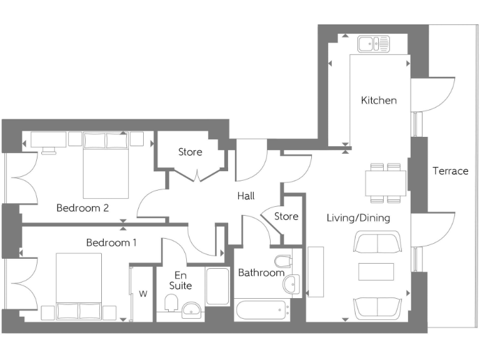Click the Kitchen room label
[379, 100]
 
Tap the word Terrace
[450, 171]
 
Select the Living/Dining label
[359, 218]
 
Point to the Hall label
[246, 196]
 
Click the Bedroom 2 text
[82, 207]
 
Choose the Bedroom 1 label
[111, 242]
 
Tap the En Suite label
[179, 279]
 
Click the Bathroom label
[261, 272]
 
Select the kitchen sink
[373, 44]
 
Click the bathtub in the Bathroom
[261, 310]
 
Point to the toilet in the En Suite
[171, 304]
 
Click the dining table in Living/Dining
[386, 183]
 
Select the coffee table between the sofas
[376, 272]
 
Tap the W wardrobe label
[143, 293]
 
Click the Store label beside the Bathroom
[286, 217]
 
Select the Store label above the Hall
[190, 152]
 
